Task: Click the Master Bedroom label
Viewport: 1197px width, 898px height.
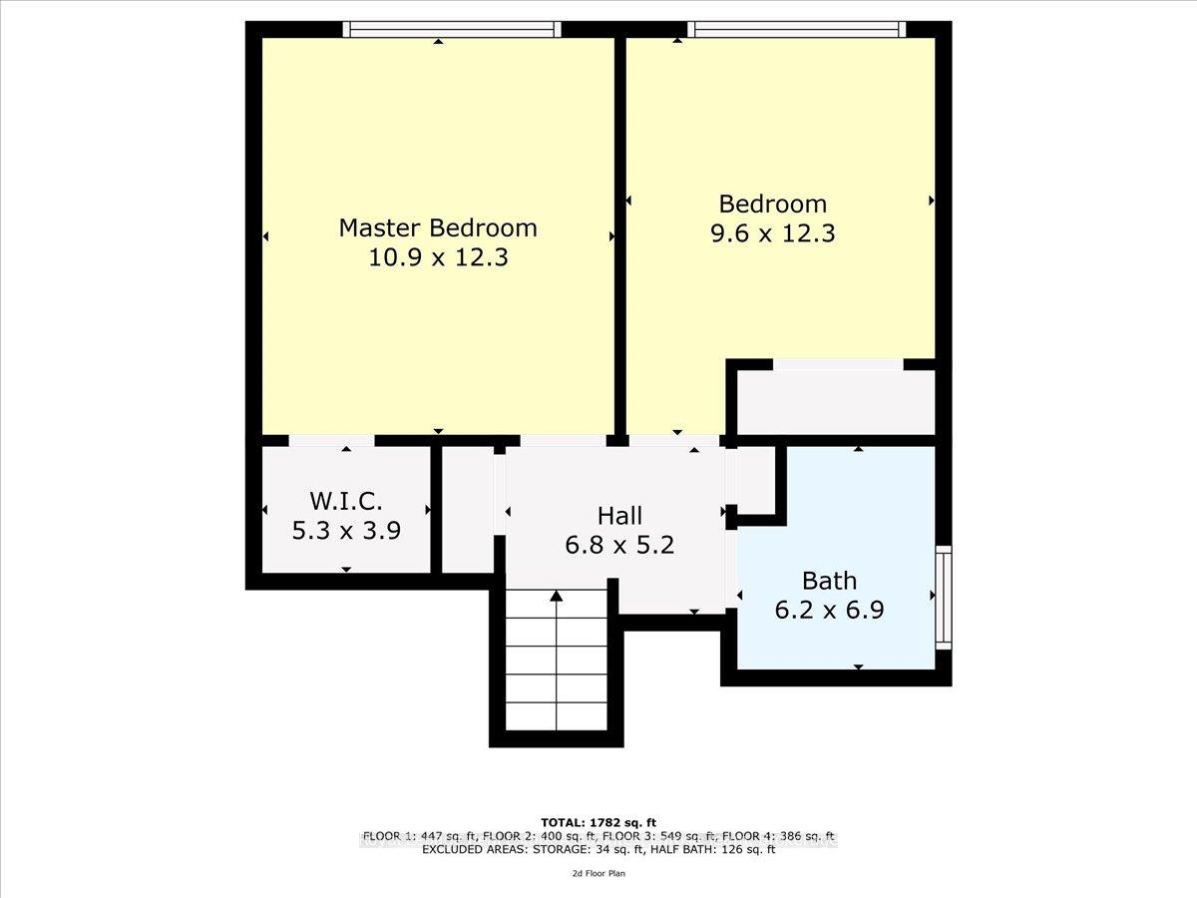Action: coord(438,227)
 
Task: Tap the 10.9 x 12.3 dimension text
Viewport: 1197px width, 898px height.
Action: coord(438,258)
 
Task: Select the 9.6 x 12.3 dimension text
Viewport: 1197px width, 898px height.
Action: coord(773,234)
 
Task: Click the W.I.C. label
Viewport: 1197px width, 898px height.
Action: coord(345,501)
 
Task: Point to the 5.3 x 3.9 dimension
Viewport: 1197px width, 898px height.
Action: coord(345,531)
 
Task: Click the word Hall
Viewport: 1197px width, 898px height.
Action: coord(619,516)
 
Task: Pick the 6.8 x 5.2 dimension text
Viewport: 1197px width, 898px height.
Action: coord(619,546)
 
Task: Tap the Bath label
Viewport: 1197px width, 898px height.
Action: coord(829,581)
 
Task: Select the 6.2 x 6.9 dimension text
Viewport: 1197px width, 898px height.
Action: coord(829,610)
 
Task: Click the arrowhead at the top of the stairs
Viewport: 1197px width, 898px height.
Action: coord(556,597)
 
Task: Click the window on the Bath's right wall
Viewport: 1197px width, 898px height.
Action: coord(944,596)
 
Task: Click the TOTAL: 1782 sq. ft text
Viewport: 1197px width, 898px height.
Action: coord(598,822)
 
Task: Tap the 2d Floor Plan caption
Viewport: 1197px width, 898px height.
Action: coord(598,873)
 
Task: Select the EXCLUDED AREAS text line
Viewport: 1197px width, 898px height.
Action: coord(598,850)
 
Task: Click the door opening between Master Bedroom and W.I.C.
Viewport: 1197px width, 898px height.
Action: coord(331,440)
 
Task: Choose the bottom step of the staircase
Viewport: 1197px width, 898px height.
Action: coord(556,716)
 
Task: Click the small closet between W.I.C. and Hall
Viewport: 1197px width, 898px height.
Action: coord(467,509)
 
